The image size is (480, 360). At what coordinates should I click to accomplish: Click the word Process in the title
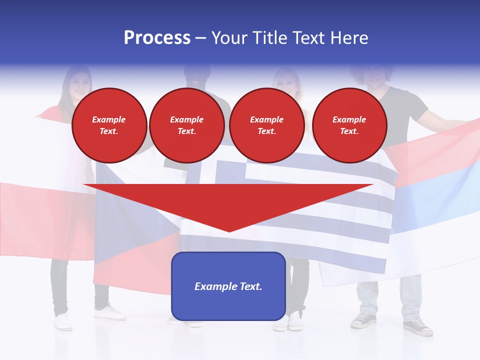pos(157,38)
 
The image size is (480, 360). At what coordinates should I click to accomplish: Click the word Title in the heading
pos(270,38)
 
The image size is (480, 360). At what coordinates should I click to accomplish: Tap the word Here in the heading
pos(347,38)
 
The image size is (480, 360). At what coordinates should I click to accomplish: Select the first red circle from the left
pos(109,125)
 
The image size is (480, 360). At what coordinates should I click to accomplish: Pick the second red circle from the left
pos(186,125)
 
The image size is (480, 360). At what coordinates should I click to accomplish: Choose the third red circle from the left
pos(266,125)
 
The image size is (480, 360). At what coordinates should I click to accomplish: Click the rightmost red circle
pos(349,125)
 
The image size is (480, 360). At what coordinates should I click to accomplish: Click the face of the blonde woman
pos(286,80)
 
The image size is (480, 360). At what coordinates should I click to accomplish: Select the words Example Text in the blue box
pos(228,286)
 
